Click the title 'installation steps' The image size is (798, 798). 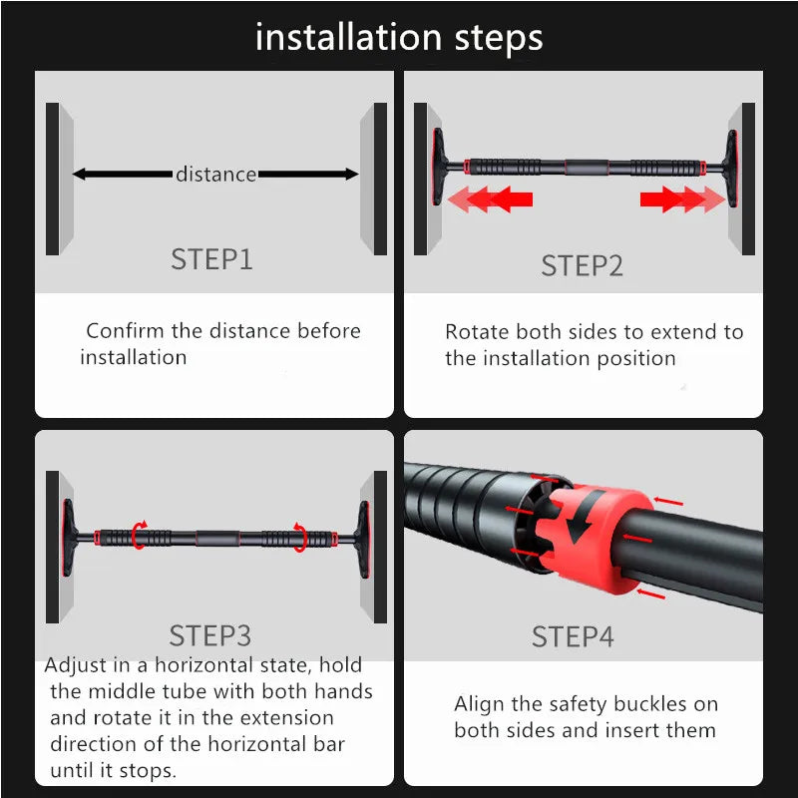[399, 38]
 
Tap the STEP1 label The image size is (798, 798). [211, 259]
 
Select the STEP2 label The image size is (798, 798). [582, 265]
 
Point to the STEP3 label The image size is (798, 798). [210, 635]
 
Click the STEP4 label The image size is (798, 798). [573, 636]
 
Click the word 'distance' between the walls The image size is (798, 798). [215, 175]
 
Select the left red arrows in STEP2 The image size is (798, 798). [490, 199]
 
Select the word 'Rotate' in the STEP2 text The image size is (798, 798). [476, 332]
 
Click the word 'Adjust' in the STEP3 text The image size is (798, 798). [76, 665]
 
